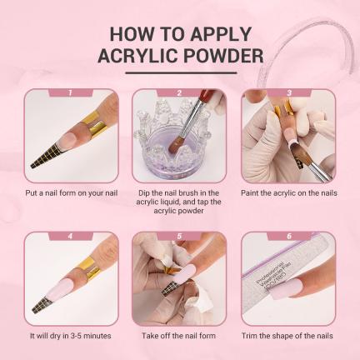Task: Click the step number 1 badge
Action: click(x=71, y=93)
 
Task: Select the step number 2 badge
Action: click(x=179, y=93)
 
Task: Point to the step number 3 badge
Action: click(x=287, y=93)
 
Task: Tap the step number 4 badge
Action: click(x=71, y=236)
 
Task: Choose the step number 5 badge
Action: click(x=179, y=236)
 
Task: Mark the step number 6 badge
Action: click(x=287, y=236)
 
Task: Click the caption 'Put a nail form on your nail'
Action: click(x=71, y=193)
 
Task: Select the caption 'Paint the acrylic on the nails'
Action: click(x=287, y=193)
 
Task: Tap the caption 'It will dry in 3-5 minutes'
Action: click(x=71, y=336)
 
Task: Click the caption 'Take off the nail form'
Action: click(x=179, y=336)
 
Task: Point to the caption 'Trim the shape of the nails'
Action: click(x=287, y=336)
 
